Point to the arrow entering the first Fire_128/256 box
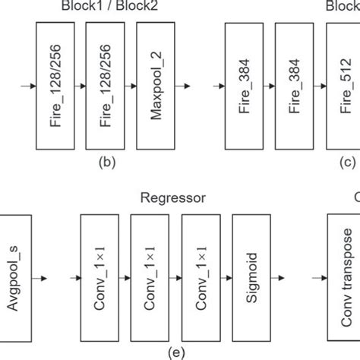pos(27,87)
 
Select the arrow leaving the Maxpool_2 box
pos(184,87)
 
